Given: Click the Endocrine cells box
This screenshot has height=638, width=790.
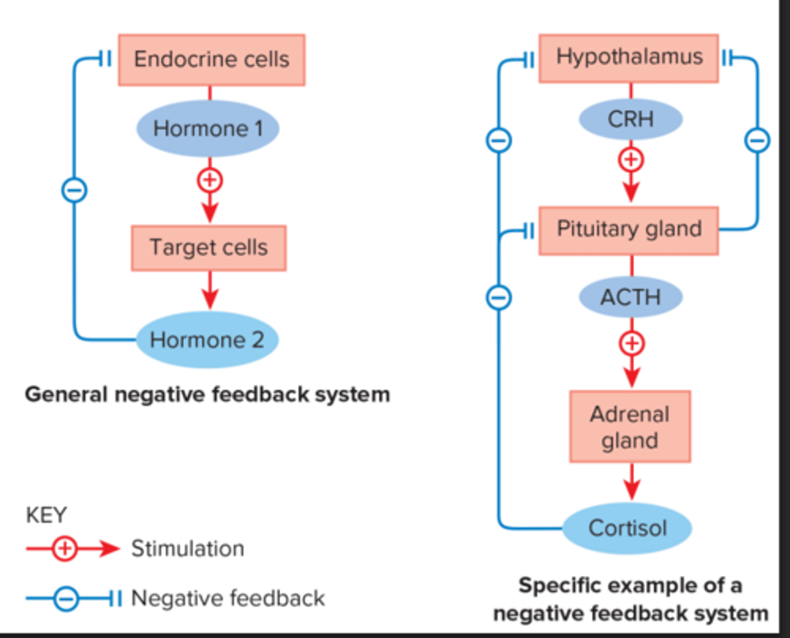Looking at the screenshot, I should [x=211, y=60].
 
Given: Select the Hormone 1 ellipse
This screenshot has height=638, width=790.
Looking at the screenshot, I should [x=208, y=129].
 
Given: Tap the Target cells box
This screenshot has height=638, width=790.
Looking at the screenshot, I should [x=208, y=247].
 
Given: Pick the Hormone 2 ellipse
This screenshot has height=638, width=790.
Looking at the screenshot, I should [x=207, y=340].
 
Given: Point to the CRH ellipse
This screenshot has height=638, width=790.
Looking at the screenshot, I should [x=631, y=119].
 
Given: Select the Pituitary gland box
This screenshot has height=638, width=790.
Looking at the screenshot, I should [x=629, y=230].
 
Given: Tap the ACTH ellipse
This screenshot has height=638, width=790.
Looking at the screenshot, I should [x=631, y=297].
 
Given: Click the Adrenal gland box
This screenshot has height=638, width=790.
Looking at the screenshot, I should [x=630, y=427].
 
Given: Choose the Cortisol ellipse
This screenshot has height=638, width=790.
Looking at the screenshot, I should [x=628, y=528].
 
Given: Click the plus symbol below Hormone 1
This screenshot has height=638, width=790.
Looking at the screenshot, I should [x=210, y=180].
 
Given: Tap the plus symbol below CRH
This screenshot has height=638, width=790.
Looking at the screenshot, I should [x=631, y=160].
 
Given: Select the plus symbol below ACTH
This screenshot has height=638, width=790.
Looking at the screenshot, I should [x=631, y=343].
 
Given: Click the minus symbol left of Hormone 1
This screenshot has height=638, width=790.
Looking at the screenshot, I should [x=74, y=190].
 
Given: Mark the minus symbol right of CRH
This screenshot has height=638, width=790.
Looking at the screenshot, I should [x=757, y=140].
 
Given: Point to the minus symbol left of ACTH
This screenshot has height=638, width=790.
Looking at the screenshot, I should [x=499, y=298].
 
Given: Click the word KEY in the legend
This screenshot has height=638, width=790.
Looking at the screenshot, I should [x=46, y=515].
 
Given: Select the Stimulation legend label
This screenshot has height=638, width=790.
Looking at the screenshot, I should [x=188, y=549].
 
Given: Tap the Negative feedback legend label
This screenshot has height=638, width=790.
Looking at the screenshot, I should [x=228, y=598].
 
